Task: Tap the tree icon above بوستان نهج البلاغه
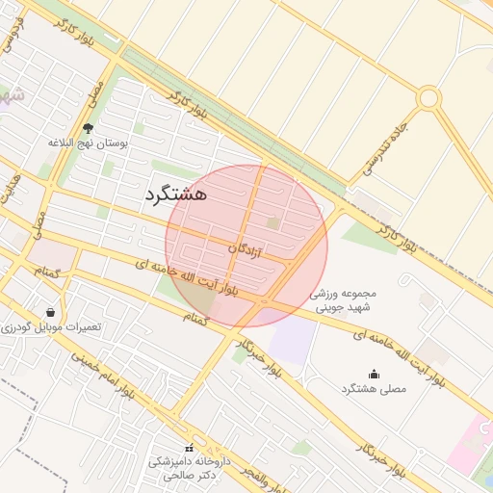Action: [x=89, y=128]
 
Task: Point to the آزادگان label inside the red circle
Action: [x=245, y=250]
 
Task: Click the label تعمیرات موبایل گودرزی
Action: [x=53, y=327]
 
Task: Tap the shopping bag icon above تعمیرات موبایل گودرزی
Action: [x=50, y=312]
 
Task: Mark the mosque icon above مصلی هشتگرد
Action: [x=374, y=374]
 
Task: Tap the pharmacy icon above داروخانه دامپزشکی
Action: [x=189, y=448]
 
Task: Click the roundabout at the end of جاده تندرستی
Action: [x=428, y=98]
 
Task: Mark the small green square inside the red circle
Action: [x=273, y=223]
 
